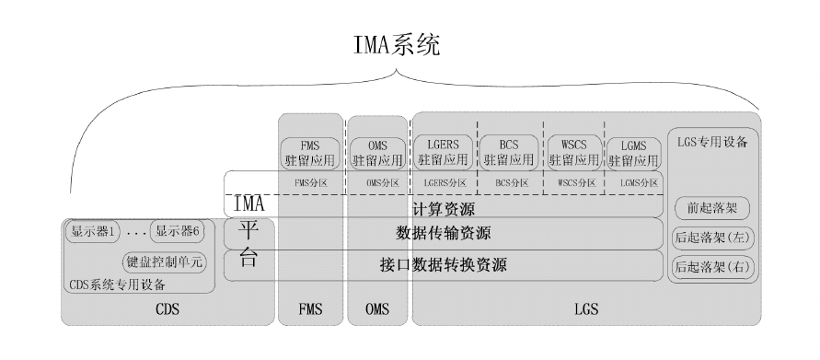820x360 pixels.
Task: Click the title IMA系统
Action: click(397, 43)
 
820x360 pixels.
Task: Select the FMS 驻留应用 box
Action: click(311, 151)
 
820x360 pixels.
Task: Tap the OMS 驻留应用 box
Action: click(376, 151)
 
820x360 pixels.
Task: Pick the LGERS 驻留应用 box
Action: click(444, 151)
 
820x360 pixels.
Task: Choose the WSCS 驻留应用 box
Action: click(575, 151)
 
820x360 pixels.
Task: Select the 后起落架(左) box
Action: click(713, 236)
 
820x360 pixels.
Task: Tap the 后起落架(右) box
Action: click(713, 267)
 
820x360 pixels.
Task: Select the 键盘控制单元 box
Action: click(165, 261)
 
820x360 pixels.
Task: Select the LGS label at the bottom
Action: click(586, 310)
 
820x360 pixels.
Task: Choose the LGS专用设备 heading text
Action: click(713, 143)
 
